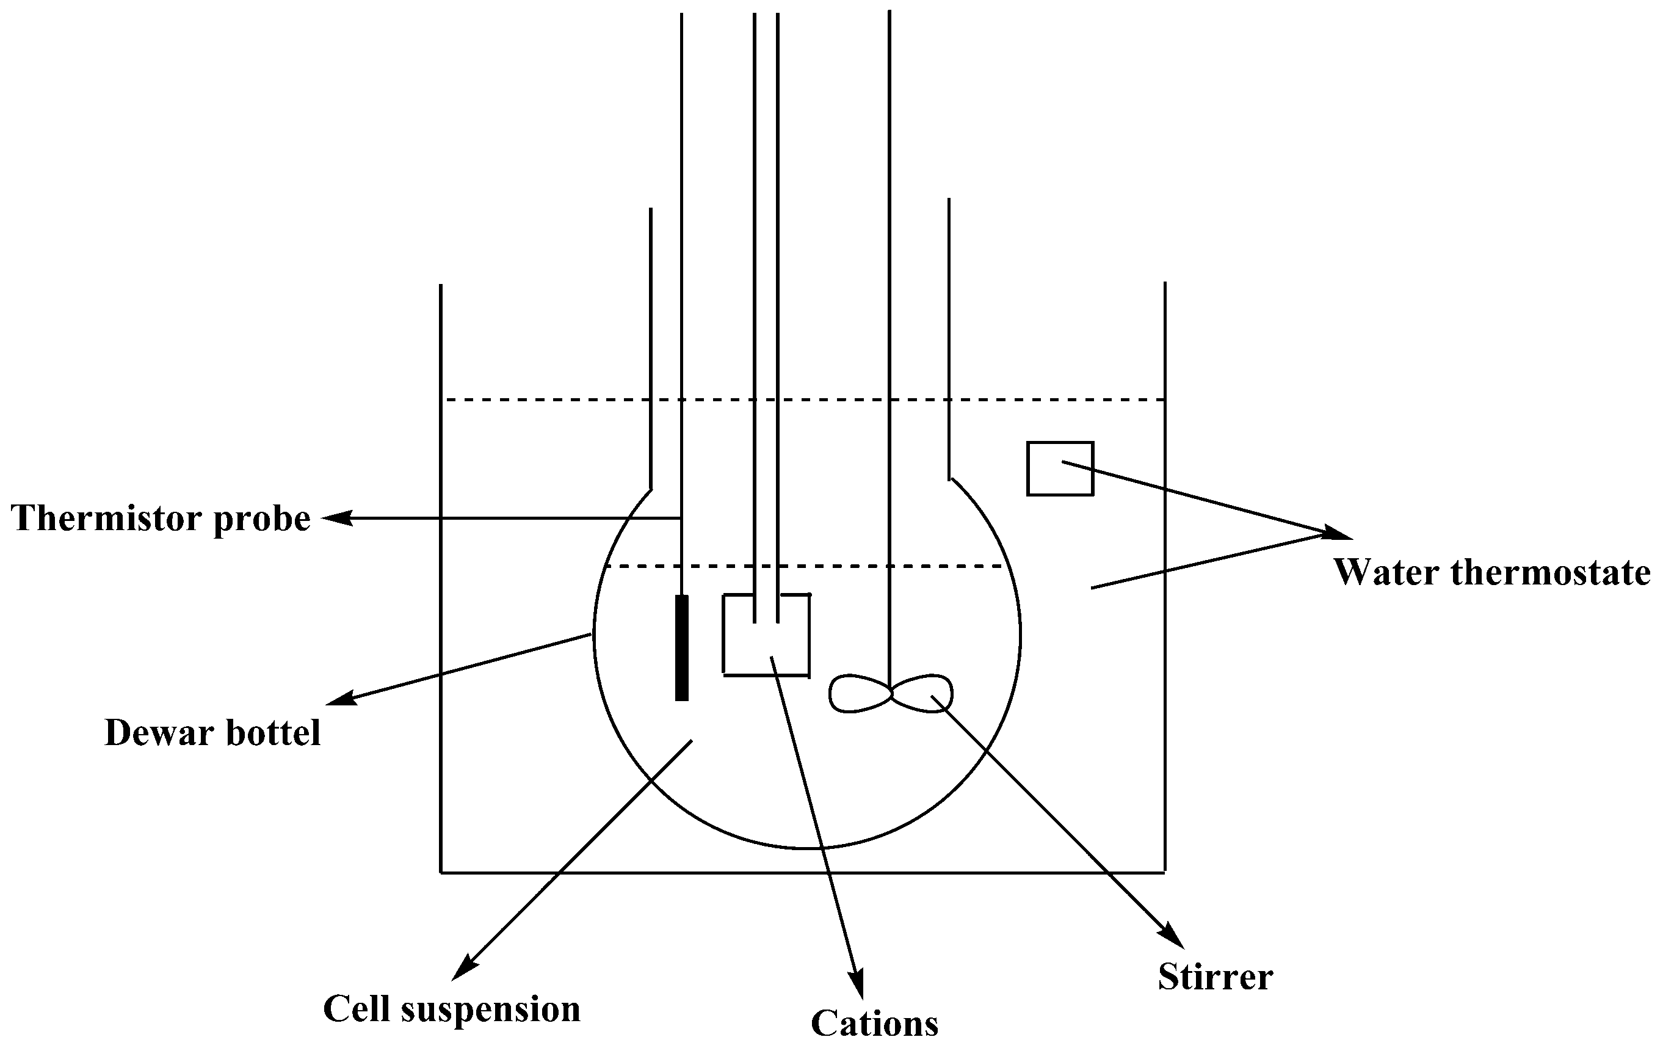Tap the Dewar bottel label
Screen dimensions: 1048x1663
(x=212, y=733)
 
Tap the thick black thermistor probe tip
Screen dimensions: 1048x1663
(x=682, y=647)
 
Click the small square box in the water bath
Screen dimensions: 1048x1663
(x=1059, y=468)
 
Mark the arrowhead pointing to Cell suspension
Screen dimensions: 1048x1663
(x=463, y=968)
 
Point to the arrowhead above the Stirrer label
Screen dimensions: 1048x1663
(x=1173, y=937)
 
